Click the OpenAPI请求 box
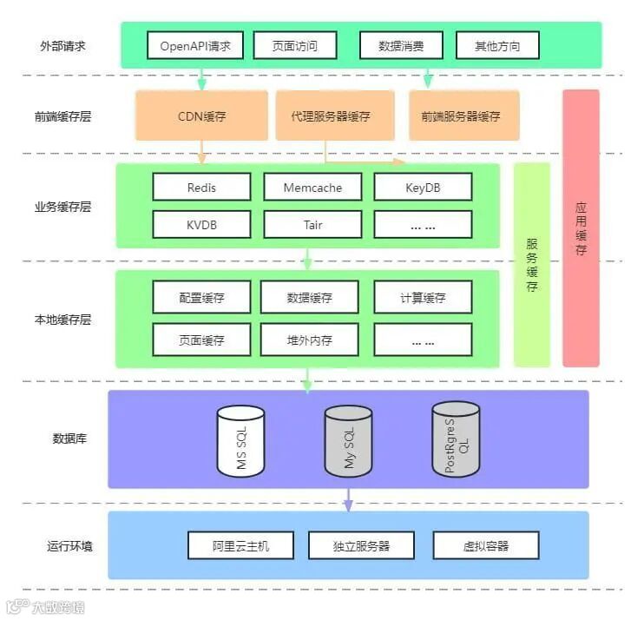tap(195, 46)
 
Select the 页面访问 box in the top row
tap(295, 46)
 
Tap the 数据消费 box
tap(401, 46)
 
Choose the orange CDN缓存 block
tap(201, 115)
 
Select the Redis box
tap(201, 187)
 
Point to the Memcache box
tap(312, 187)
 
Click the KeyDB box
tap(423, 187)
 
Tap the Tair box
tap(312, 225)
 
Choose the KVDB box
tap(201, 225)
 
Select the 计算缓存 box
tap(423, 297)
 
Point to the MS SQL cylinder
tap(240, 439)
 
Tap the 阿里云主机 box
tap(240, 545)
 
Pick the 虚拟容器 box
tap(485, 545)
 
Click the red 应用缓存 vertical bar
tap(581, 228)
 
